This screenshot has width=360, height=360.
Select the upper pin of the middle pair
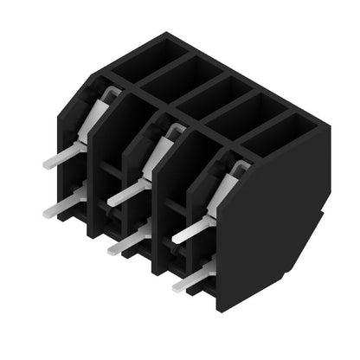(x=126, y=192)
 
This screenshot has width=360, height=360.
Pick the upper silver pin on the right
(x=192, y=230)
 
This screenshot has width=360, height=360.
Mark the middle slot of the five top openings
(x=213, y=91)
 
